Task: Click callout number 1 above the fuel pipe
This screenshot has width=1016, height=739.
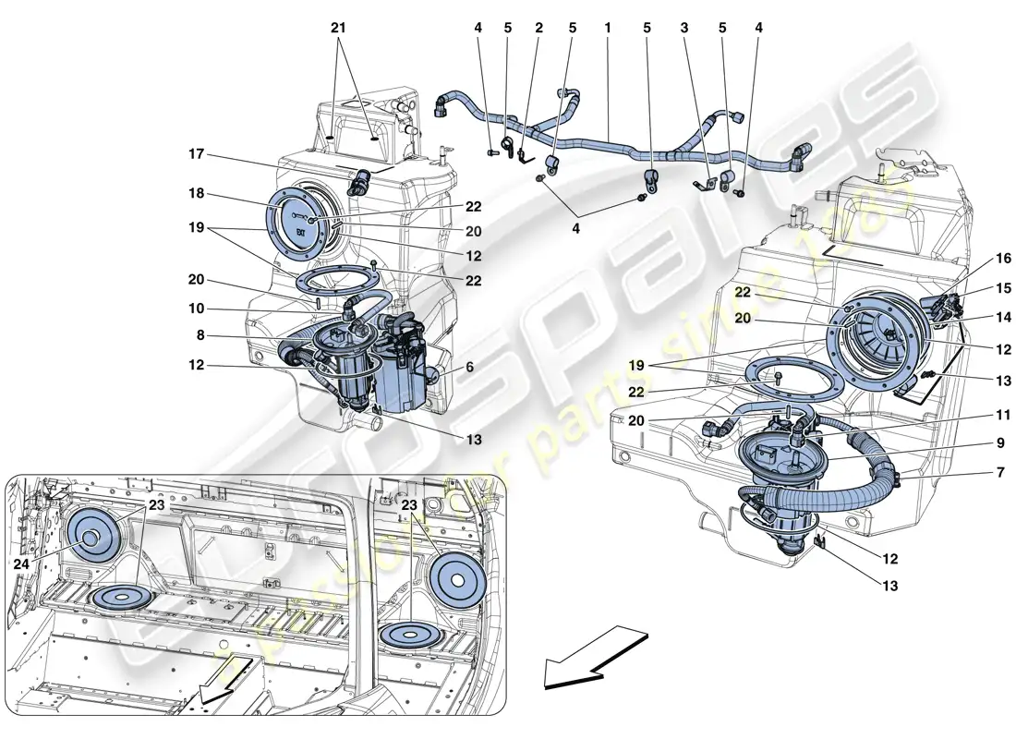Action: pos(608,29)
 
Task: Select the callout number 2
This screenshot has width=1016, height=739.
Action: pos(538,29)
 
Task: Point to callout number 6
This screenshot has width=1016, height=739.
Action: pos(468,367)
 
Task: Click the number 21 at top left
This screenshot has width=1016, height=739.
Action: pos(337,29)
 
